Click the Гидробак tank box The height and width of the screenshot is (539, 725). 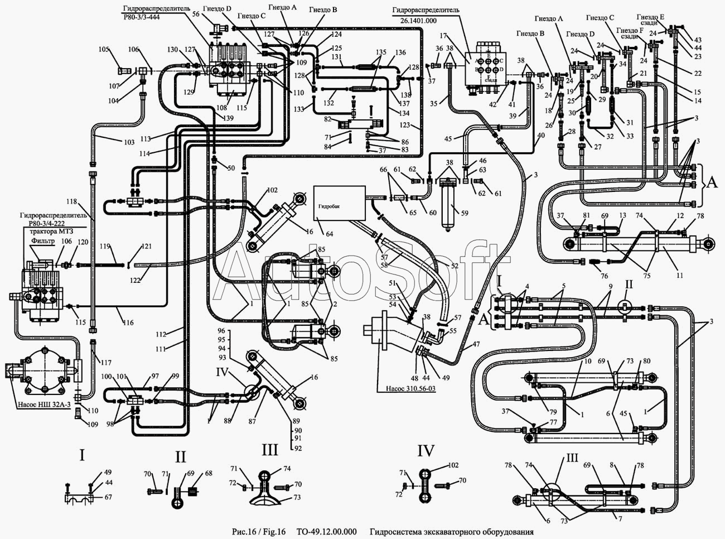click(x=340, y=203)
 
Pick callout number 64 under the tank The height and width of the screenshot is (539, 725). click(x=330, y=233)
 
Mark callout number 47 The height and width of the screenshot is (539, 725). click(x=476, y=345)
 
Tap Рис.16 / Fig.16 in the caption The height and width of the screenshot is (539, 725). click(x=258, y=532)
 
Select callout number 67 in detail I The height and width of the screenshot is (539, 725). click(x=108, y=497)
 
